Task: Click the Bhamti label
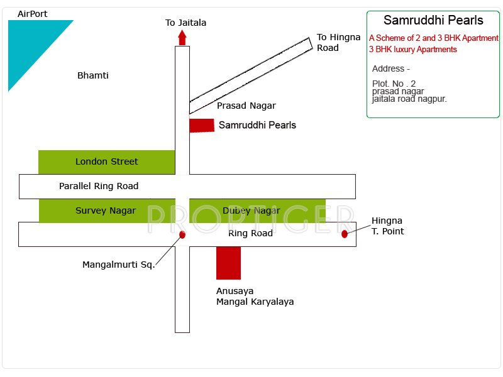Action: click(93, 75)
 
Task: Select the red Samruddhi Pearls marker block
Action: click(202, 125)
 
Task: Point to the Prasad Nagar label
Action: click(246, 106)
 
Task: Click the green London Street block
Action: click(106, 161)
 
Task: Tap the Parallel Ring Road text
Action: click(99, 186)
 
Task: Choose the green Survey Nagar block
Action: click(106, 210)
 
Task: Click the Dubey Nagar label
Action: click(251, 210)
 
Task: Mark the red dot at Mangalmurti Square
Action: click(182, 234)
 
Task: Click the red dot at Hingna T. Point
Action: click(345, 234)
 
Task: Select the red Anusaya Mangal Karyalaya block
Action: click(228, 263)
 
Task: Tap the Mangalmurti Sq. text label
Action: click(118, 265)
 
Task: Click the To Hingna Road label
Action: click(338, 43)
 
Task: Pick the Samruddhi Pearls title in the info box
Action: click(433, 20)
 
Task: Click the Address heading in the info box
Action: click(390, 68)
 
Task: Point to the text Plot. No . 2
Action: click(394, 84)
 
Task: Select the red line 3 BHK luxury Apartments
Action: click(413, 50)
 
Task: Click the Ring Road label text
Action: click(250, 233)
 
